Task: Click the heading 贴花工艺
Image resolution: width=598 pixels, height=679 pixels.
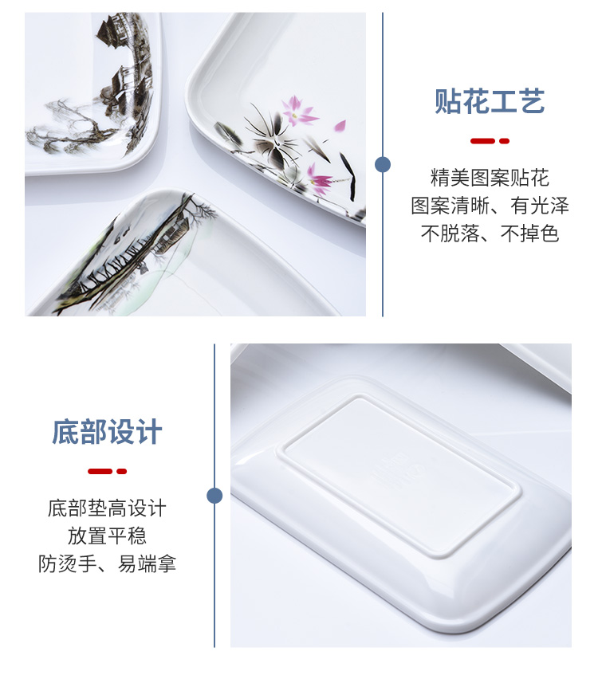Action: (x=490, y=101)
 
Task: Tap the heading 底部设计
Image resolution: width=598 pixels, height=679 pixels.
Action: (x=107, y=432)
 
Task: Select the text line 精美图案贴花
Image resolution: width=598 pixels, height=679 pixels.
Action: (x=490, y=178)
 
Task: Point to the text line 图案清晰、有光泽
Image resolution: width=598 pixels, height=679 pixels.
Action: (x=490, y=206)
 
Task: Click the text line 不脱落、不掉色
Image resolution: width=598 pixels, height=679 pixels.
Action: (x=490, y=234)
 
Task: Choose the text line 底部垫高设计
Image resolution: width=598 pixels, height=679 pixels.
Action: (x=107, y=508)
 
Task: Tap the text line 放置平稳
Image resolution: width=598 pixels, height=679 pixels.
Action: (x=107, y=536)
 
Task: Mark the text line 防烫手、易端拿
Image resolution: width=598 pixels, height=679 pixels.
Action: (x=107, y=563)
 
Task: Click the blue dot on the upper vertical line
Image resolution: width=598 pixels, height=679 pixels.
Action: (x=383, y=164)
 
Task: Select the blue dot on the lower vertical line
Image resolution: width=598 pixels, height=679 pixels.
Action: (x=214, y=496)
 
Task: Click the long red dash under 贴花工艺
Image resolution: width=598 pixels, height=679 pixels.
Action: (x=482, y=141)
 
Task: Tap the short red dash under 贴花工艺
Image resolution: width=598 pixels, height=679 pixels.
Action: (x=504, y=141)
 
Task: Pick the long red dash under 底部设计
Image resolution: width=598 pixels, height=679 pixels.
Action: (x=100, y=471)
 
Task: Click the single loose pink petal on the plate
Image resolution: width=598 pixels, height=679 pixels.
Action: (x=340, y=126)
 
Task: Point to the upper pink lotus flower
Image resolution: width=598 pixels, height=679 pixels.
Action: (x=298, y=112)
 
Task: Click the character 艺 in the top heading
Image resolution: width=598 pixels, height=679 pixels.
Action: (x=531, y=101)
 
